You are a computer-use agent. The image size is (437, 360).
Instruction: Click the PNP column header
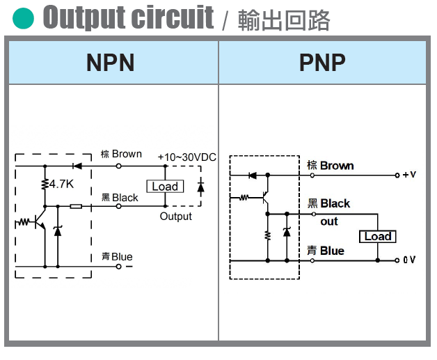(x=322, y=63)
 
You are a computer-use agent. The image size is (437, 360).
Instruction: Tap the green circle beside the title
(x=23, y=18)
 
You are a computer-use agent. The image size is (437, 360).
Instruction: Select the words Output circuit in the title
(x=128, y=17)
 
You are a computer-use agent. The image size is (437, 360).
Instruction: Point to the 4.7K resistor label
(x=61, y=185)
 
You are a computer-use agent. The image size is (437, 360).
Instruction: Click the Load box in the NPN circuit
(x=165, y=187)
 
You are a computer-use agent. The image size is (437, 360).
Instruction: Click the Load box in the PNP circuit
(x=378, y=237)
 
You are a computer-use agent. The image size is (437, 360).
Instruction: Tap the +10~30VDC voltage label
(x=186, y=157)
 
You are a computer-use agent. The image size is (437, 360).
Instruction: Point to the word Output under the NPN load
(x=175, y=217)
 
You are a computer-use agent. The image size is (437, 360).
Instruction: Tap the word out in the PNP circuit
(x=328, y=221)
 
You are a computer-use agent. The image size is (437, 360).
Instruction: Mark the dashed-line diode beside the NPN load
(x=201, y=186)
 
